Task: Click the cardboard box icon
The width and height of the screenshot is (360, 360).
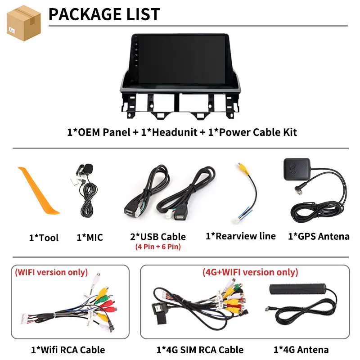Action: point(24,23)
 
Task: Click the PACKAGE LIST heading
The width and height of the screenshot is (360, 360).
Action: point(104,14)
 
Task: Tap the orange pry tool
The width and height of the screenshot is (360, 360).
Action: point(38,190)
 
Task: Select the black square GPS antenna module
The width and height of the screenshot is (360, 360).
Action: point(297,170)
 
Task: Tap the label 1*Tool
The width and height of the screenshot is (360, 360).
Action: point(44,238)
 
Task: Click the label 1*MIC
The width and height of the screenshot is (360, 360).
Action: point(90,238)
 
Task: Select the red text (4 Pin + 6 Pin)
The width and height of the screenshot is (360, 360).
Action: point(158,247)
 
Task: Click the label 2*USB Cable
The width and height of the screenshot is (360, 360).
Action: point(158,237)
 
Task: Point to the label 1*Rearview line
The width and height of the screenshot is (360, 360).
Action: point(241,236)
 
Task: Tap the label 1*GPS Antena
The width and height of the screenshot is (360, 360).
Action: point(319,236)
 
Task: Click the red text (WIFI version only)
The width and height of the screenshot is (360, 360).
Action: point(51,272)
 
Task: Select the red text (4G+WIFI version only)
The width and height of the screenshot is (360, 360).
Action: point(250,272)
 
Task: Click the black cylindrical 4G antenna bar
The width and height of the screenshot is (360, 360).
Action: point(298,289)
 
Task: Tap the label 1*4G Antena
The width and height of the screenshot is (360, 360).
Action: point(301,350)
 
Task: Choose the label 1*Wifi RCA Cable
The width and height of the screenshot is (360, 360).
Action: point(68,350)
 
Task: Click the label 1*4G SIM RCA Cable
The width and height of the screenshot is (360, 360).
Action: point(200,350)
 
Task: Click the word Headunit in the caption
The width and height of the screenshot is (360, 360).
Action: point(175,132)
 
